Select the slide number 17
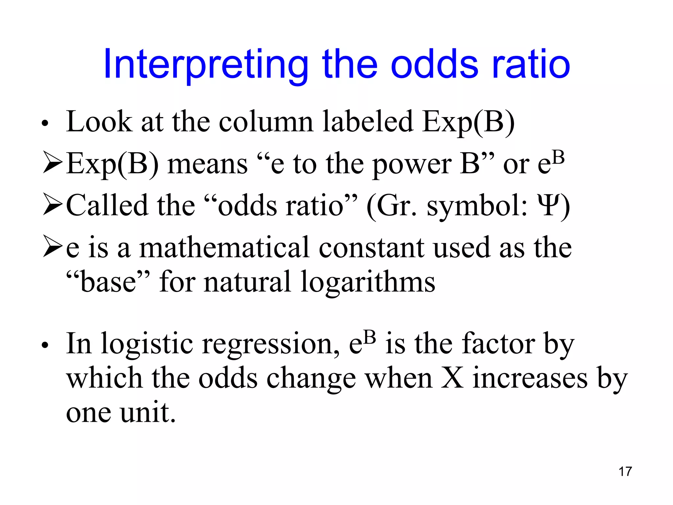coord(625,471)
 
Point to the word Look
coord(99,122)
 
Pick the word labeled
coord(368,122)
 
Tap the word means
coord(207,164)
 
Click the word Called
coord(107,205)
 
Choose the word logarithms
coord(368,282)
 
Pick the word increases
coord(530,378)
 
